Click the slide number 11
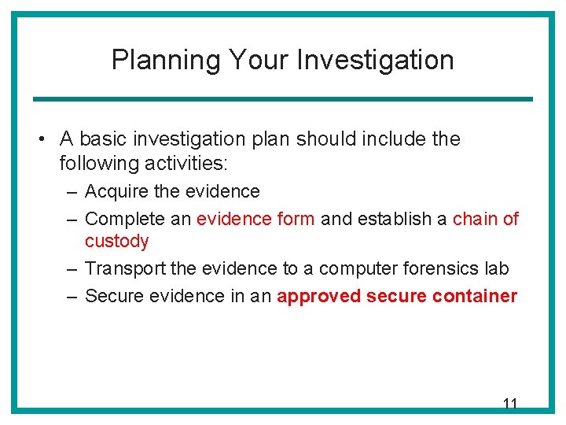point(509,404)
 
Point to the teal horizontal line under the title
point(282,99)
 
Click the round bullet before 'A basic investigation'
point(40,140)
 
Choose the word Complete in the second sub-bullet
point(122,219)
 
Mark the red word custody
point(116,242)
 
